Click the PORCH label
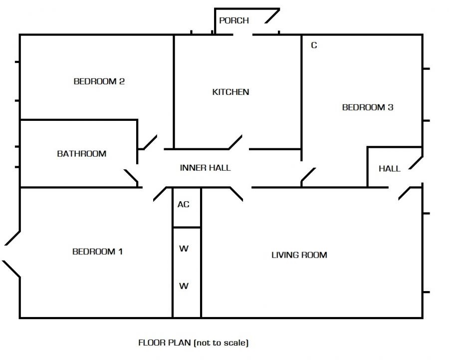(x=233, y=20)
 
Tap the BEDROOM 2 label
(x=99, y=81)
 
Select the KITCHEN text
(x=230, y=92)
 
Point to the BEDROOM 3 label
(x=367, y=107)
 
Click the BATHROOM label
(x=81, y=154)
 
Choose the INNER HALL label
(x=205, y=168)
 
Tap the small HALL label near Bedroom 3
(x=389, y=169)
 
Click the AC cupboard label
(x=184, y=205)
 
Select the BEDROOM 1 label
(x=97, y=252)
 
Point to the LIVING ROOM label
(x=299, y=255)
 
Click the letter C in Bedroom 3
(x=314, y=45)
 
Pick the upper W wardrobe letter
(x=184, y=249)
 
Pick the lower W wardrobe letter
(x=184, y=286)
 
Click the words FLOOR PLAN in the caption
(x=165, y=343)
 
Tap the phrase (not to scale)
(x=221, y=343)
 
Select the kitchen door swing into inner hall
(x=236, y=142)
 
